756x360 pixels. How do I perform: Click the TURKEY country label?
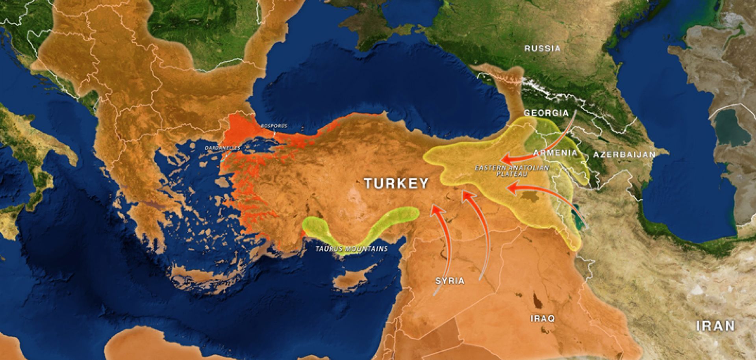pos(396,184)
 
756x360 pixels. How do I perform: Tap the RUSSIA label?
pos(542,48)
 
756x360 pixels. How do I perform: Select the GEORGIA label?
pos(546,113)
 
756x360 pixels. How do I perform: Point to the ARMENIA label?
pos(555,152)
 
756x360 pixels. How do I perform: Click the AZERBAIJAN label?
pos(624,154)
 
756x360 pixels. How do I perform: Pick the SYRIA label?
pos(450,281)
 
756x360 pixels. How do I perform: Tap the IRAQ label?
pos(542,318)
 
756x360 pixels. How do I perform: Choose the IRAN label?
pos(715,326)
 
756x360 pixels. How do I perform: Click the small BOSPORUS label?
pos(274,126)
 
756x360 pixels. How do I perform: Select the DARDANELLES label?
pos(222,148)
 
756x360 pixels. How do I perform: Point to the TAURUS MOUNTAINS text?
pos(351,249)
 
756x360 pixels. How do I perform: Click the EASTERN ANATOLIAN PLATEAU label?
pos(511,170)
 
